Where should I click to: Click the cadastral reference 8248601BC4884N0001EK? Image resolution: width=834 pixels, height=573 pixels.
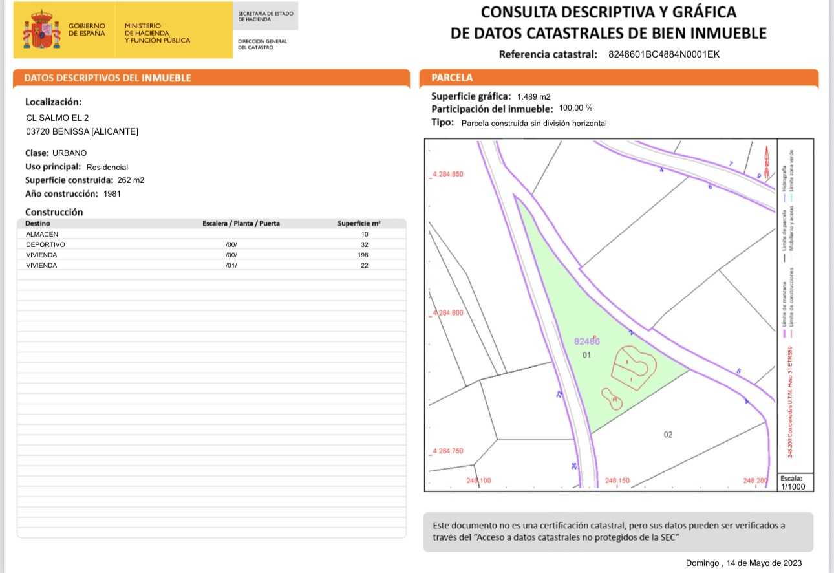pyautogui.click(x=664, y=54)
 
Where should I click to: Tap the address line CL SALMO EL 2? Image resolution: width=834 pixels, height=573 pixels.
pyautogui.click(x=57, y=118)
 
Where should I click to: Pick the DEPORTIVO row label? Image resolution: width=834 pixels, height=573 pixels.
pyautogui.click(x=45, y=244)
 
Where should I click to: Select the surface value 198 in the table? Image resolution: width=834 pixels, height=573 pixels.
pyautogui.click(x=365, y=255)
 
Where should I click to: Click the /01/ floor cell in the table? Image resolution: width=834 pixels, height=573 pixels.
pyautogui.click(x=231, y=265)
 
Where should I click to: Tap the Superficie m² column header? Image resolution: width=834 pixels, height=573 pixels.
pyautogui.click(x=359, y=224)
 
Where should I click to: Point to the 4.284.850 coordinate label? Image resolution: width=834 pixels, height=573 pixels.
pyautogui.click(x=447, y=175)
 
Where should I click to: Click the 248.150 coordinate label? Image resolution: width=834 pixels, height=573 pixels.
pyautogui.click(x=617, y=481)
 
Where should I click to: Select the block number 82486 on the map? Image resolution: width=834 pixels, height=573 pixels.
pyautogui.click(x=587, y=341)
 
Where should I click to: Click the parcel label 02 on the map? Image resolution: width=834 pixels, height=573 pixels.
pyautogui.click(x=668, y=435)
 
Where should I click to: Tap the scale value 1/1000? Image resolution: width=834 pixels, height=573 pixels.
pyautogui.click(x=793, y=487)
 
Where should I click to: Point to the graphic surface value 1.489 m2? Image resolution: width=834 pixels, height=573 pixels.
pyautogui.click(x=533, y=96)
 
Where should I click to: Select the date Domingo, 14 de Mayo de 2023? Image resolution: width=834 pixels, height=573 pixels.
pyautogui.click(x=743, y=563)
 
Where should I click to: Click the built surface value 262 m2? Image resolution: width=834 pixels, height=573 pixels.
pyautogui.click(x=131, y=180)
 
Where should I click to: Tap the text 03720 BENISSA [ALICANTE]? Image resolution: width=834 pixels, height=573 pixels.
pyautogui.click(x=81, y=132)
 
